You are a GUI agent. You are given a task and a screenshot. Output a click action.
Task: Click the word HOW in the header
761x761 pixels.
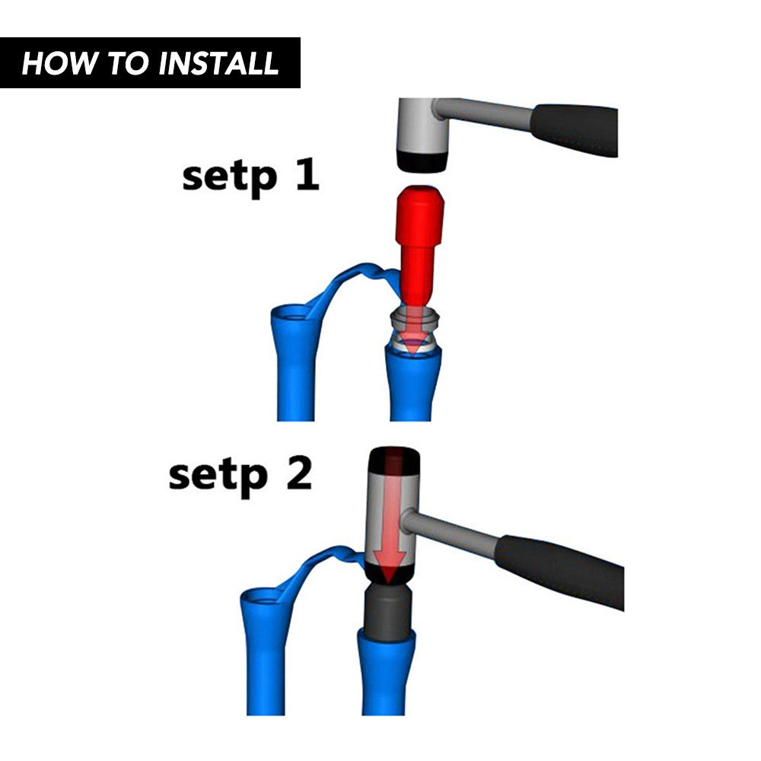click(59, 64)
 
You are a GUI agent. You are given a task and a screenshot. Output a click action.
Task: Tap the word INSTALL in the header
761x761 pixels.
click(218, 64)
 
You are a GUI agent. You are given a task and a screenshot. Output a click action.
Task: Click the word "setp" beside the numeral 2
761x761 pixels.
click(218, 476)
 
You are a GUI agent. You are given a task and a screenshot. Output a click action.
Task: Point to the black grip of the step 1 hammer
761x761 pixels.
click(575, 129)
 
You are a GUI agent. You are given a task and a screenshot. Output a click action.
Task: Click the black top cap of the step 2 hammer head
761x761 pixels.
click(394, 460)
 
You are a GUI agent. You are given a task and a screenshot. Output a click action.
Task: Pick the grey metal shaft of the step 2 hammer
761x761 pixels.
click(450, 532)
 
